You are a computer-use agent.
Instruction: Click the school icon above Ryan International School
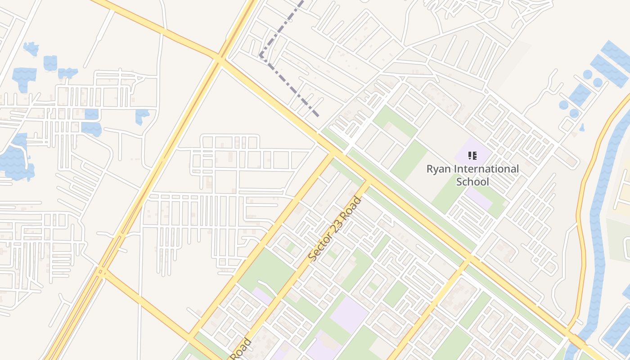point(472,156)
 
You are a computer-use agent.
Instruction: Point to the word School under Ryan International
point(472,182)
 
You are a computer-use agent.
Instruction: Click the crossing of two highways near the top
point(219,58)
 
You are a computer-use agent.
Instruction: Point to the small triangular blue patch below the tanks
point(582,128)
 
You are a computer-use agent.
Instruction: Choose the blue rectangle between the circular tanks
point(580,94)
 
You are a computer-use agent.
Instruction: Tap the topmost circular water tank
point(587,74)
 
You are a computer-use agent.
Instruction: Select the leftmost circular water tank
point(563,105)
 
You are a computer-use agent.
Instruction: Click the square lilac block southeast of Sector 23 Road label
point(349,314)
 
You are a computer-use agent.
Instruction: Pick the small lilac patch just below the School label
point(478,198)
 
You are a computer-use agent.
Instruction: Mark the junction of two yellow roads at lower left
point(101,271)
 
